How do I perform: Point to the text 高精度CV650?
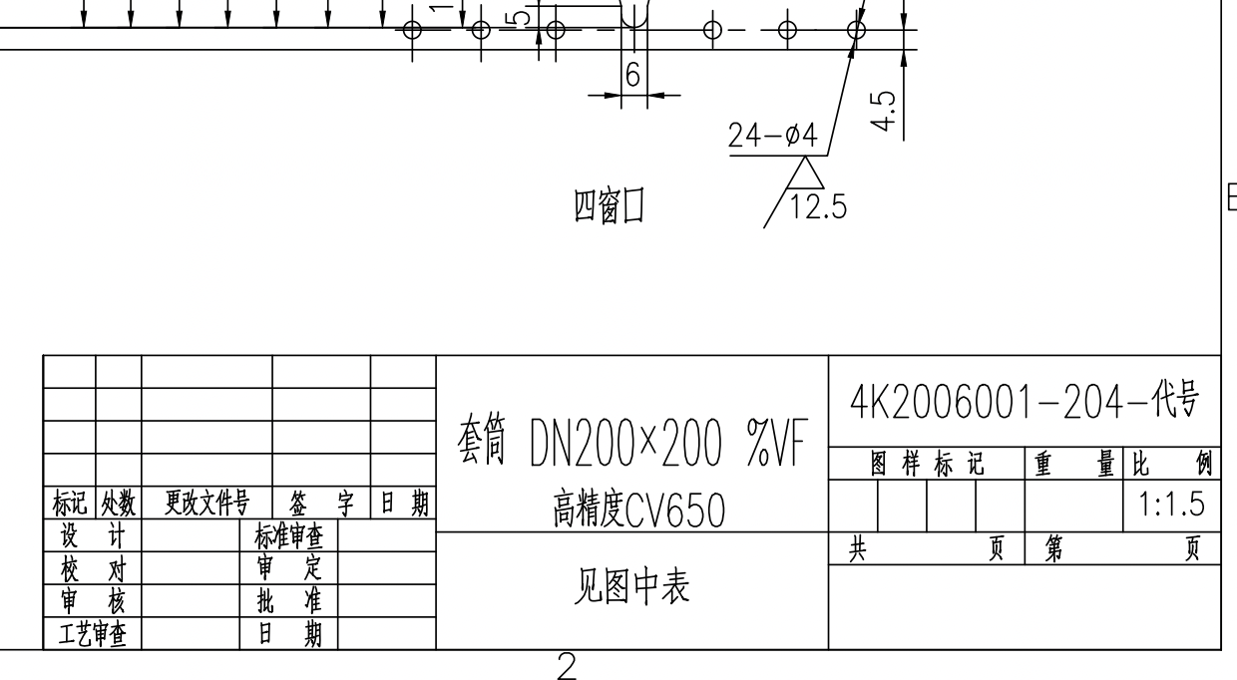638,511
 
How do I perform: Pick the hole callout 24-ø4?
772,138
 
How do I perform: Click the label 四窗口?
608,206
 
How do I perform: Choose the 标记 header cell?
70,505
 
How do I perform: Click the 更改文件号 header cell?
206,505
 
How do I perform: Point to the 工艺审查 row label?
93,634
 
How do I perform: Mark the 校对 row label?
93,569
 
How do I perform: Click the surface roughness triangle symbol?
804,174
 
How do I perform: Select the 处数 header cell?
119,505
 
